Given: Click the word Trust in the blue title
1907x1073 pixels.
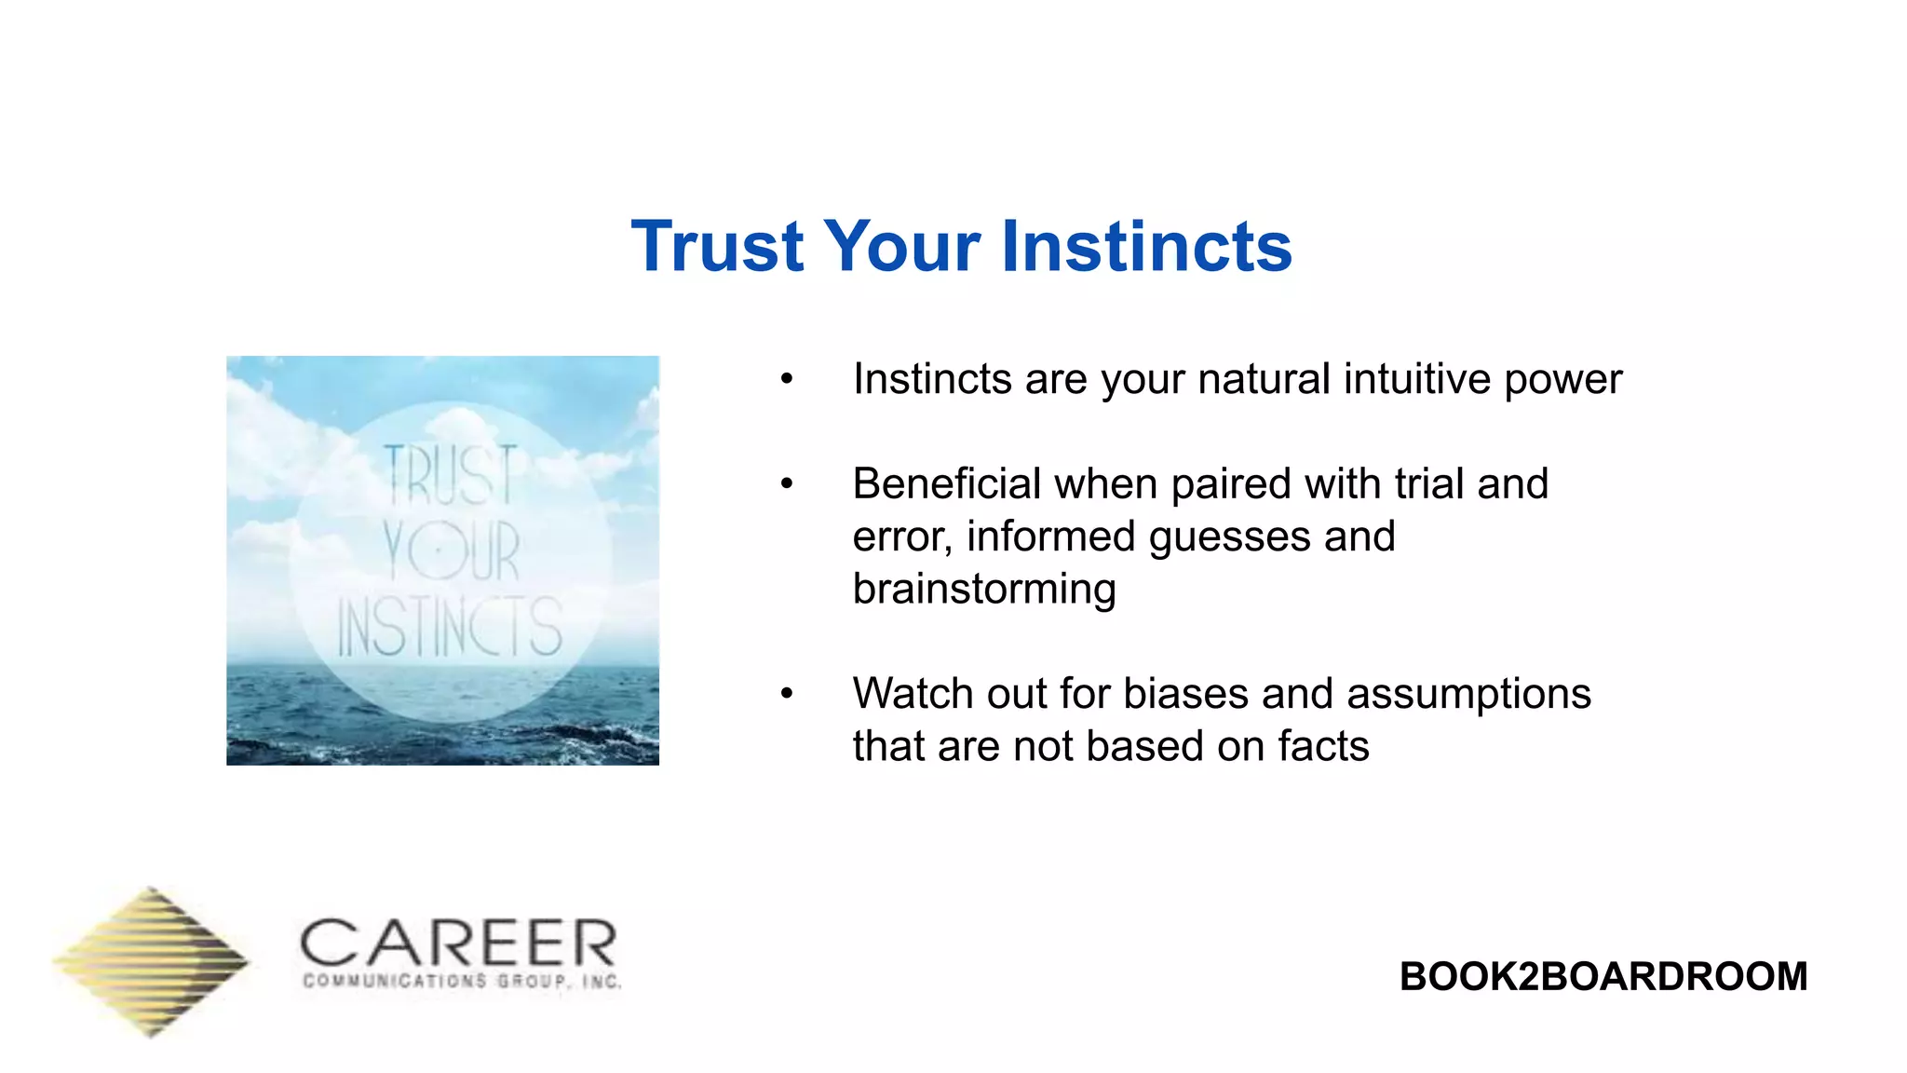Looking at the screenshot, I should [717, 247].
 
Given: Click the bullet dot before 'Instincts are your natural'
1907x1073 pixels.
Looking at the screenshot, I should [787, 379].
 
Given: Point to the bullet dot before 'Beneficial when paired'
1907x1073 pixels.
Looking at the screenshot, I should [787, 483].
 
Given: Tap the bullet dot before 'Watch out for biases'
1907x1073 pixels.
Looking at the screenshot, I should [787, 693].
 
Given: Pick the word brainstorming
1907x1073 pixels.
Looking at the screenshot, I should [984, 590].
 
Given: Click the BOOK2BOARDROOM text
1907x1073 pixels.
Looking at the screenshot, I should [1603, 976].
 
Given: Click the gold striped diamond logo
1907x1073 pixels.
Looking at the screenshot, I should [151, 961].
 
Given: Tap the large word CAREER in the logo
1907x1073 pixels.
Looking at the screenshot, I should [458, 944].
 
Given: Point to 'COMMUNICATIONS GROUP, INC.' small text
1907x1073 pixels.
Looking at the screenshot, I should [462, 982].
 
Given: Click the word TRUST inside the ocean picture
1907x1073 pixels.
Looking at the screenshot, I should [451, 475].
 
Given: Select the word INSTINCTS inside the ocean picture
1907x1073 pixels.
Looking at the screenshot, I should [449, 628].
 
